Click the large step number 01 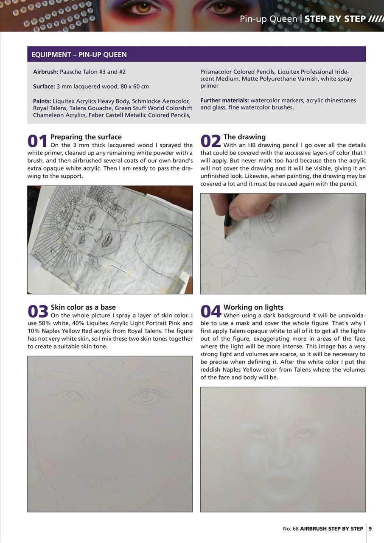pos(37,142)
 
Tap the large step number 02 pos(210,142)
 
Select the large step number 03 pos(37,312)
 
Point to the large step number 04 pos(210,312)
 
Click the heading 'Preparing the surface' pos(86,137)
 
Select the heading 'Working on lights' pos(253,307)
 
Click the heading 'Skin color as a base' pos(83,307)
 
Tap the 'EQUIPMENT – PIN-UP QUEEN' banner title pos(79,55)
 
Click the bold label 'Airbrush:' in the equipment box pos(46,72)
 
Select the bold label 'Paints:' pos(42,101)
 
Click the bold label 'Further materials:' pos(224,101)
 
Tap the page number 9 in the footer pos(370,529)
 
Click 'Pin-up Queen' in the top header pos(269,19)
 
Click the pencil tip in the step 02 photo pos(225,237)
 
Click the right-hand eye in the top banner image pos(220,7)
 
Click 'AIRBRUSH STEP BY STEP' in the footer pos(329,529)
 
